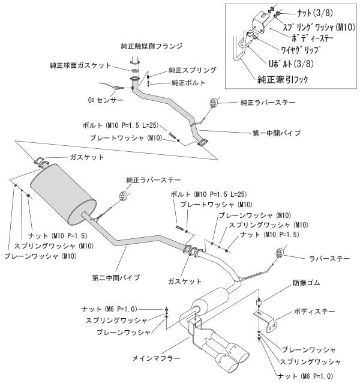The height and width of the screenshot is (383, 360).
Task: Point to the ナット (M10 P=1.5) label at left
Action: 55,236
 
